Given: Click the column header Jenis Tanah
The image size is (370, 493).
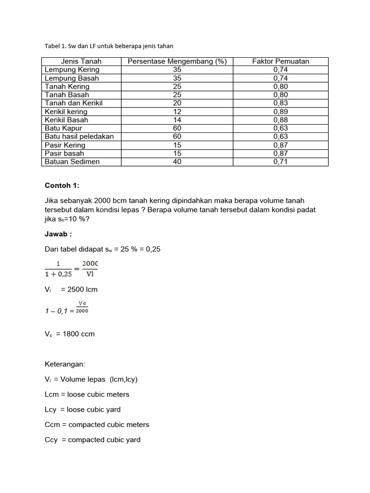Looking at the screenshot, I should pos(81,61).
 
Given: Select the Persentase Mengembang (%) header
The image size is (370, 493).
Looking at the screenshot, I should pos(177,61).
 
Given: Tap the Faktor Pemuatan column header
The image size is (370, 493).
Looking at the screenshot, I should pos(280,61).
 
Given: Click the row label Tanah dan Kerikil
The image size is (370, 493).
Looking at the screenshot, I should pos(74,103).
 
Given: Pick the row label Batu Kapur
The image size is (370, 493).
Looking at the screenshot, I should pos(63,128).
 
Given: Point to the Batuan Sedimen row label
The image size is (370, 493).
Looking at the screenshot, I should pos(72,162).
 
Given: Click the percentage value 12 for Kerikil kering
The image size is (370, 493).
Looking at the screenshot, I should pos(177,112).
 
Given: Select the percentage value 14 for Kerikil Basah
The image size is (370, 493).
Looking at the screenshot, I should pos(177,120).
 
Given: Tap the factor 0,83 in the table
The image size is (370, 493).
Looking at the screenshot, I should pos(280,103).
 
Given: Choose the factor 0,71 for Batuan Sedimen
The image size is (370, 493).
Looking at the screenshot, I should pos(280,162).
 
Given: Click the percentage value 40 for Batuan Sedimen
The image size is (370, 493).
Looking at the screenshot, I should pos(177,162).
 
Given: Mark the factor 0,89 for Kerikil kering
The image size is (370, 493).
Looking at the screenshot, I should pos(280,112).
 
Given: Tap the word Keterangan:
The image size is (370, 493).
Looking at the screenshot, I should pos(65,364).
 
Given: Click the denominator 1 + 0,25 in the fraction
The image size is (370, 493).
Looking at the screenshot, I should pos(58,274).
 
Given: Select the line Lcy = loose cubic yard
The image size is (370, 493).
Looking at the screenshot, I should pos(82,409).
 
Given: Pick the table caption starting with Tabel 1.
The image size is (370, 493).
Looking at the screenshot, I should pos(108,46).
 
